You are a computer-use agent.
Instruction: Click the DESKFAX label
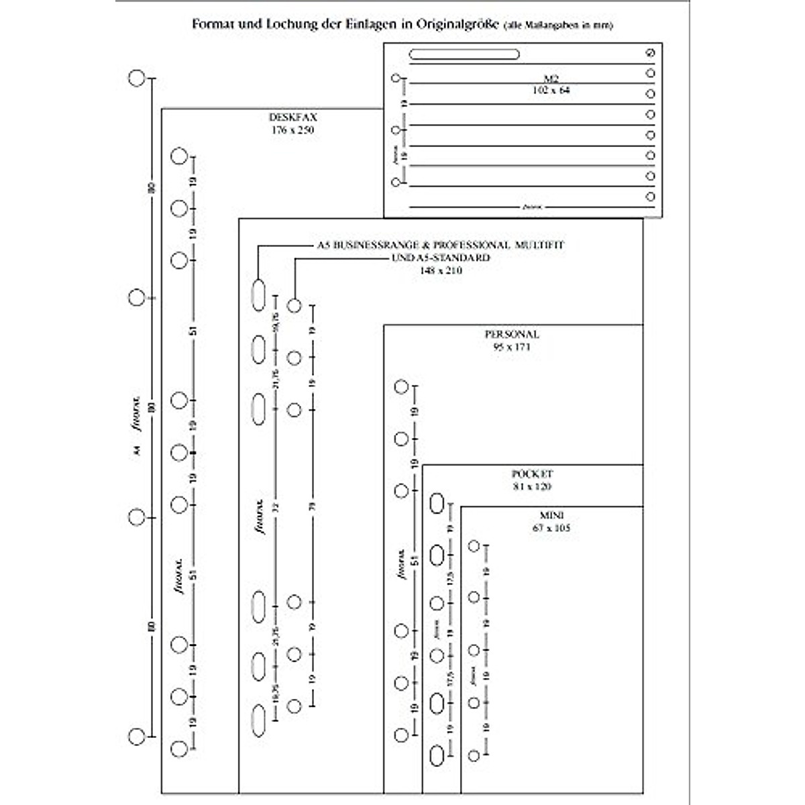(293, 117)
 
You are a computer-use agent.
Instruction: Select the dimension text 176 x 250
(293, 130)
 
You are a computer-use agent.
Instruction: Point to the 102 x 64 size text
(551, 90)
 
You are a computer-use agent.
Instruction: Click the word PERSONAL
(512, 334)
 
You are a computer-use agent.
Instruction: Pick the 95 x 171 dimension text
(512, 347)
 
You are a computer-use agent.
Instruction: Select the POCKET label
(532, 474)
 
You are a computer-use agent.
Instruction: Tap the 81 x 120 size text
(532, 486)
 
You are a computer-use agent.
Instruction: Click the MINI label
(551, 515)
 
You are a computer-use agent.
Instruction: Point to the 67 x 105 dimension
(551, 528)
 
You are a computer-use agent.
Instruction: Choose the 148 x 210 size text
(441, 270)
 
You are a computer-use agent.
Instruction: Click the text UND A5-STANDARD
(441, 258)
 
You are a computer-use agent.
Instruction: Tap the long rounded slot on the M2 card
(464, 54)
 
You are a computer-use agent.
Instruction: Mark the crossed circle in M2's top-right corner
(649, 53)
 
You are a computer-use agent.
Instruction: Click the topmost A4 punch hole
(137, 78)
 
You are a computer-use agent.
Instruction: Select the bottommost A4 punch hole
(137, 737)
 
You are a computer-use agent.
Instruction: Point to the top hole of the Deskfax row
(179, 156)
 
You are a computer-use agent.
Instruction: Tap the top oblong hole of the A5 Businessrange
(259, 295)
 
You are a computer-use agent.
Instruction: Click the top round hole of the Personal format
(401, 386)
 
